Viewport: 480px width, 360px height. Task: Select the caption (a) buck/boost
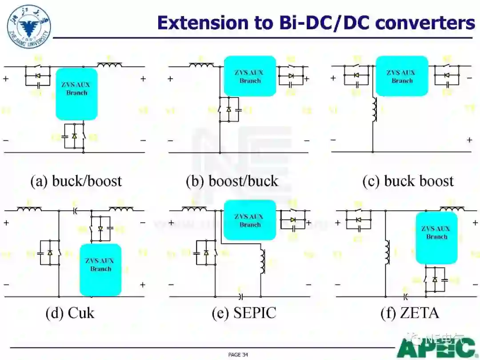tap(76, 181)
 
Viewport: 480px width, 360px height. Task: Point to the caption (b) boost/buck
tap(232, 181)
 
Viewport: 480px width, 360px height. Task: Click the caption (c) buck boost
tap(408, 181)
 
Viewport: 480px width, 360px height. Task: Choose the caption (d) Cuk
tap(70, 312)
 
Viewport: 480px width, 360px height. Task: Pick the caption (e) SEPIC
tap(244, 312)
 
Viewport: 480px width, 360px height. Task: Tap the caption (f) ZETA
tap(409, 312)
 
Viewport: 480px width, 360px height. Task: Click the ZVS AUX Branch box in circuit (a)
tap(76, 94)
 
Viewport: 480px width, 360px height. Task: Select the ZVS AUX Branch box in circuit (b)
tap(250, 76)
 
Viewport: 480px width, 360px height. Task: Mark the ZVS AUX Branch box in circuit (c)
tap(402, 76)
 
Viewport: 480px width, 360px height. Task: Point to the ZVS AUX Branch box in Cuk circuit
tap(100, 270)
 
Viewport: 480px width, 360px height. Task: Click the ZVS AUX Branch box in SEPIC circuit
tap(250, 220)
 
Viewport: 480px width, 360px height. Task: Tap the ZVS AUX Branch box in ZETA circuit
tap(436, 238)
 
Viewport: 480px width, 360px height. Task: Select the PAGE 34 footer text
tap(238, 355)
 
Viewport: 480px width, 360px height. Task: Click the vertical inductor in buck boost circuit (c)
tap(374, 110)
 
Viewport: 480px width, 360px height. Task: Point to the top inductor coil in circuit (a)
tap(109, 65)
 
